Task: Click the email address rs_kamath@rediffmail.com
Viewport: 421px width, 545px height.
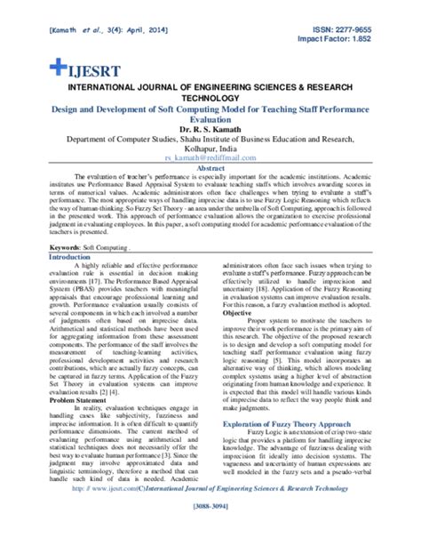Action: tap(210, 156)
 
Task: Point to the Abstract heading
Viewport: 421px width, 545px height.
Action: tap(210, 167)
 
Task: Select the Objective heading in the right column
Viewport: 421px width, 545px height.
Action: tap(237, 313)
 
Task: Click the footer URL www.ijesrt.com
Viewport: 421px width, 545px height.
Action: tap(137, 513)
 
